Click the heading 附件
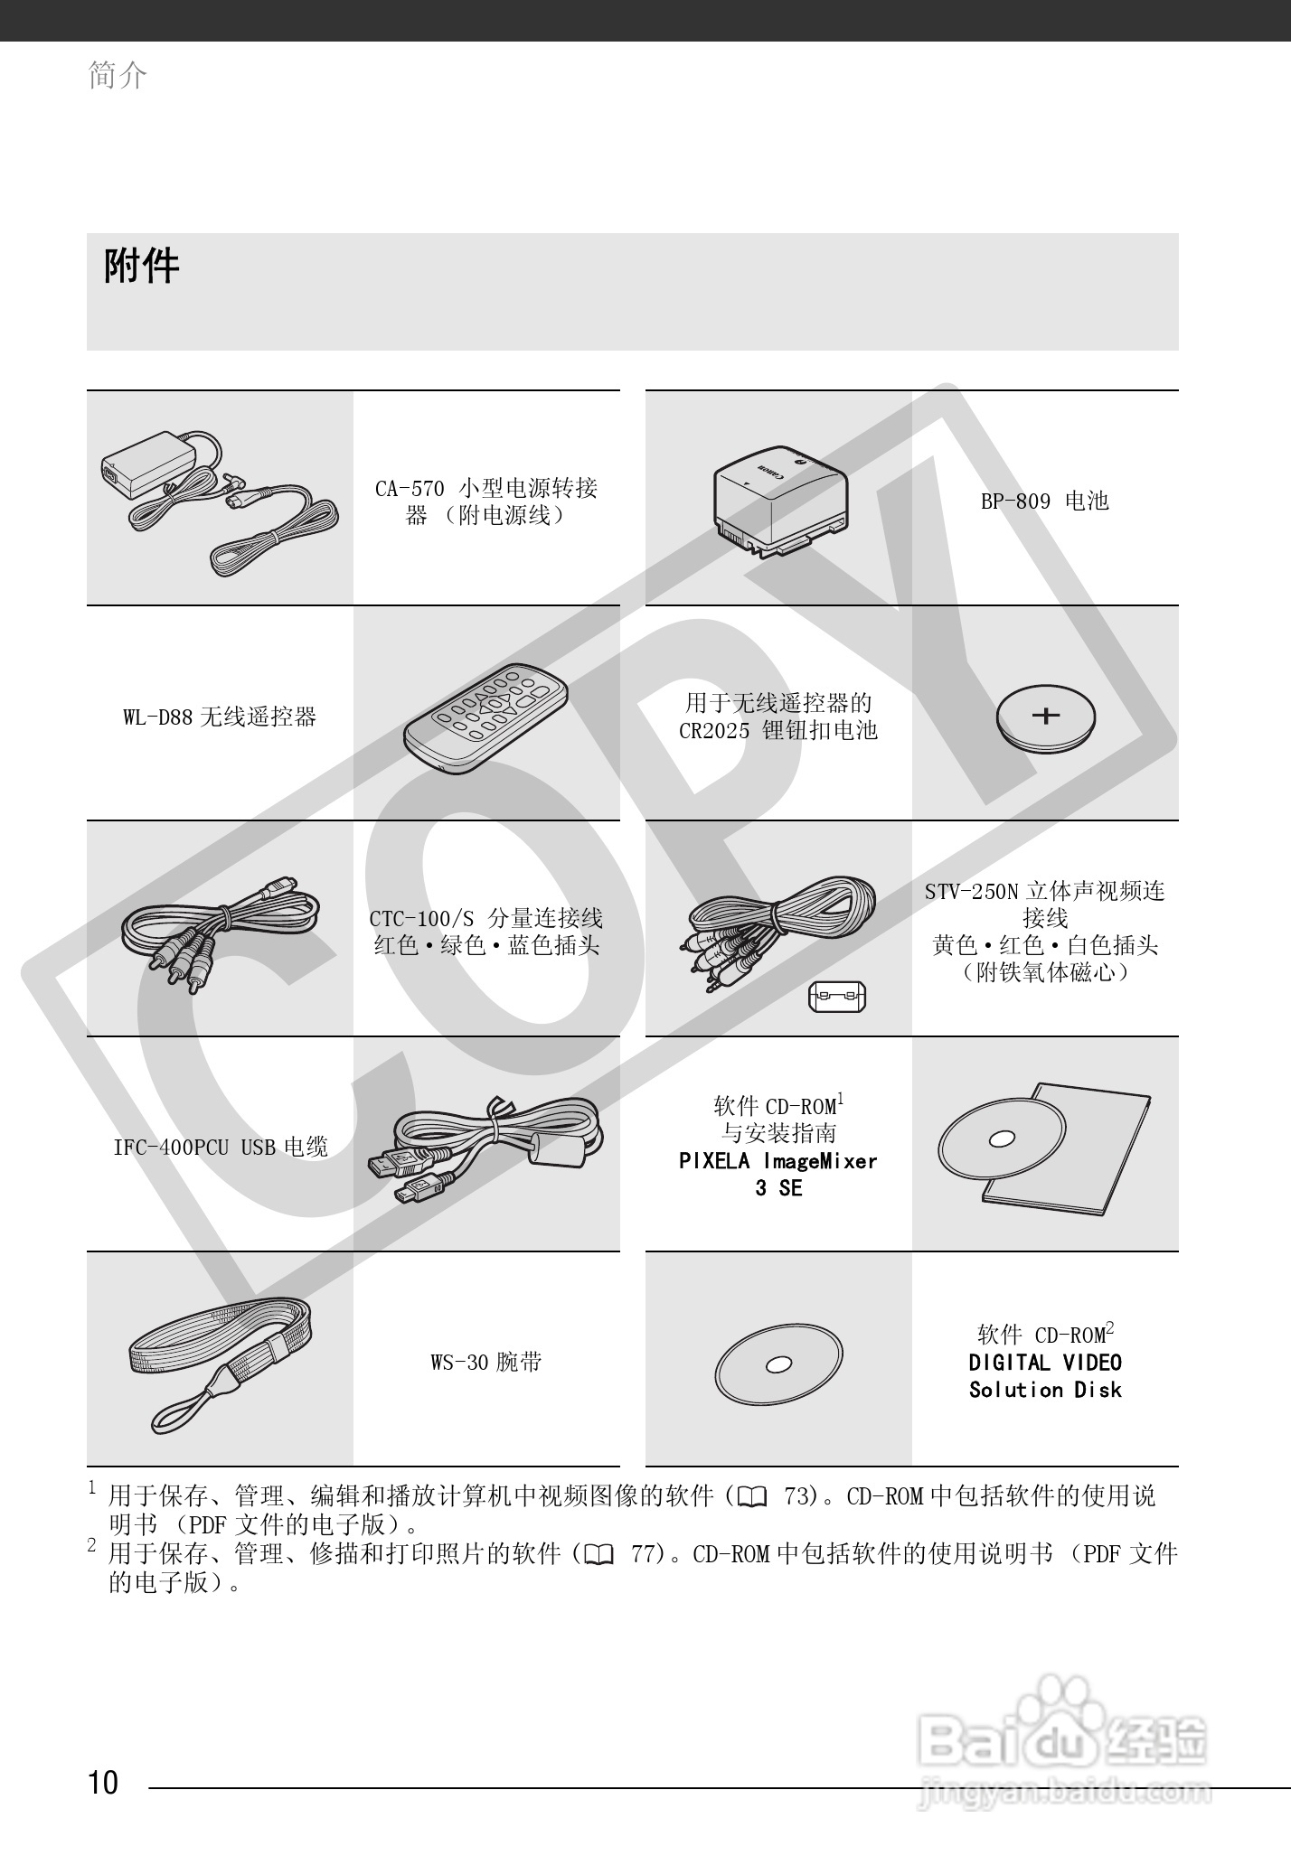pos(142,267)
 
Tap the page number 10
pos(103,1783)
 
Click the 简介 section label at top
pos(118,75)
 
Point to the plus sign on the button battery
pos(1046,716)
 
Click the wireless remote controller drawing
pos(486,719)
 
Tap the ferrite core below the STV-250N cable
pos(836,998)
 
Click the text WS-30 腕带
pos(486,1362)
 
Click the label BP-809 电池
pos(1045,501)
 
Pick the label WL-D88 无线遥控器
pos(220,717)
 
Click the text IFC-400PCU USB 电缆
pos(220,1148)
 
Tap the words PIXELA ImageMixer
pos(777,1161)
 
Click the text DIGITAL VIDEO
pos(1045,1363)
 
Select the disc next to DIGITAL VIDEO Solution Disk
pos(778,1364)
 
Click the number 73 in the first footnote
pos(800,1496)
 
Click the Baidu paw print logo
pos(1061,1706)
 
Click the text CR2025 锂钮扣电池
pos(777,730)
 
